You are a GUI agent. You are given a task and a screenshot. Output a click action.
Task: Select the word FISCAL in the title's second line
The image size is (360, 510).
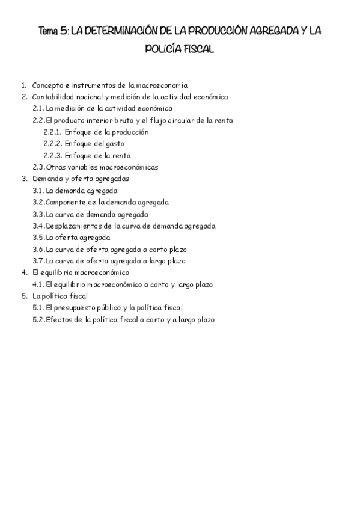(x=196, y=50)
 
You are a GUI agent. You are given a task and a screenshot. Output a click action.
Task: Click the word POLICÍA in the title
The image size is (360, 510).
(x=160, y=50)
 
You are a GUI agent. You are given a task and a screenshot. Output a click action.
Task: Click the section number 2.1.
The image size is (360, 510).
(x=38, y=108)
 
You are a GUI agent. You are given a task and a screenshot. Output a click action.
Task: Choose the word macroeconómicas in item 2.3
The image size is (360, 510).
(x=131, y=167)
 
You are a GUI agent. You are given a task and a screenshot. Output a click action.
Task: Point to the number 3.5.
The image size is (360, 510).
(x=38, y=237)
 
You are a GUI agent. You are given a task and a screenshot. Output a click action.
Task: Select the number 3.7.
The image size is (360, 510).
(x=38, y=260)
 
